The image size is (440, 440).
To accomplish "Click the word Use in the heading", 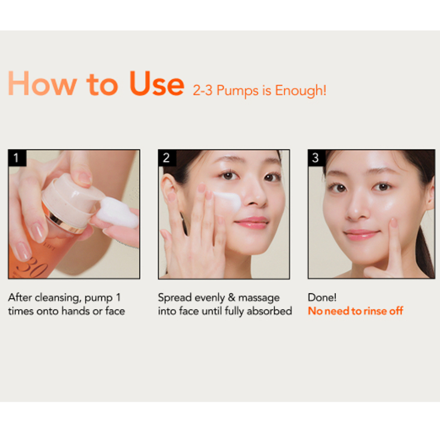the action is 157,83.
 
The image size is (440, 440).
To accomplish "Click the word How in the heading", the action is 43,83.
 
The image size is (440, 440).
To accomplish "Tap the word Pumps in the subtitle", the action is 238,91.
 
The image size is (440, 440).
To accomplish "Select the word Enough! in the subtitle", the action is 300,90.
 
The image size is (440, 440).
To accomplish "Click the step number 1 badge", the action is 17,158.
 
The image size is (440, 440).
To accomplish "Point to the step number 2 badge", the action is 167,158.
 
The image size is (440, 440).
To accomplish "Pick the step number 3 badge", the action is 316,158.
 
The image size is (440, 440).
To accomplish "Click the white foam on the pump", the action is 118,212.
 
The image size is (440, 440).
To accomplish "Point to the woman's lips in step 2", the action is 252,223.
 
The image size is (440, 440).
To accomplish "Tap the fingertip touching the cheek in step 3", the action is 394,223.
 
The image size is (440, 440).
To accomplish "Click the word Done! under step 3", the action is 322,298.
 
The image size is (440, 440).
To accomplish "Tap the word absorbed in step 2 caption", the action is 269,311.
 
